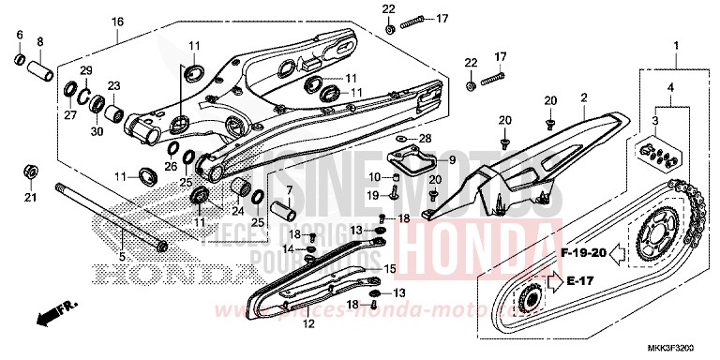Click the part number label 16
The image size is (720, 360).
click(118, 22)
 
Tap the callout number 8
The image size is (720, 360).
click(40, 42)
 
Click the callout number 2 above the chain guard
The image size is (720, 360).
click(583, 97)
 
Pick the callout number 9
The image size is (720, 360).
click(451, 160)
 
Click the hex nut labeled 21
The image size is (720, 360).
click(29, 172)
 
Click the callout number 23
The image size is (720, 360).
click(113, 85)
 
